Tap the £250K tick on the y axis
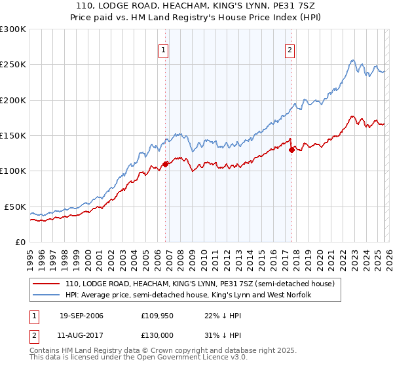coord(12,65)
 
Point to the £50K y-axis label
coord(15,207)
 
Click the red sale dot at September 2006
coord(165,164)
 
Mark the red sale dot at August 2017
coord(291,150)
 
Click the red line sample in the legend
coord(47,284)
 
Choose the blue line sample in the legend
coord(47,295)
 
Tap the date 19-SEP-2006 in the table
coord(81,316)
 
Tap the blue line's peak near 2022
coord(352,61)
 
